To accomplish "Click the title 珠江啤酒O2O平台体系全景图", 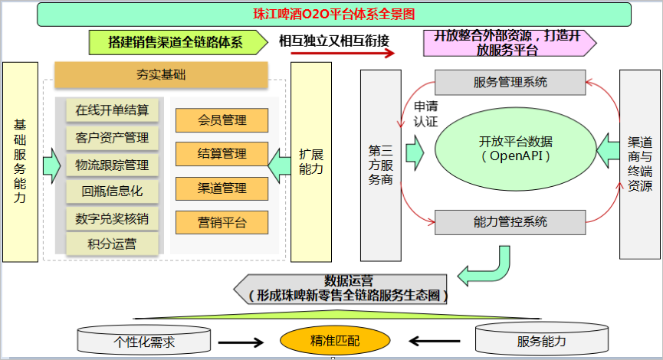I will point(334,14).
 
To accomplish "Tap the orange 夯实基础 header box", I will point(161,75).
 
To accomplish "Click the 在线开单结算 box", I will point(112,110).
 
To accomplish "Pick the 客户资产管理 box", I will point(112,138).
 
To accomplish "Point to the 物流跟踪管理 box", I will point(112,165).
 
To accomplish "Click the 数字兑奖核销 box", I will point(112,218).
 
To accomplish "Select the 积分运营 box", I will point(112,244).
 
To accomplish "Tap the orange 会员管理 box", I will point(222,120).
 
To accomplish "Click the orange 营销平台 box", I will point(222,222).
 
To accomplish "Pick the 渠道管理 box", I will point(222,188).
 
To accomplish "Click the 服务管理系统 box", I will point(510,82).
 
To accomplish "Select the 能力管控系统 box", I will point(510,222).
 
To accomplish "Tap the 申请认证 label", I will point(425,114).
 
